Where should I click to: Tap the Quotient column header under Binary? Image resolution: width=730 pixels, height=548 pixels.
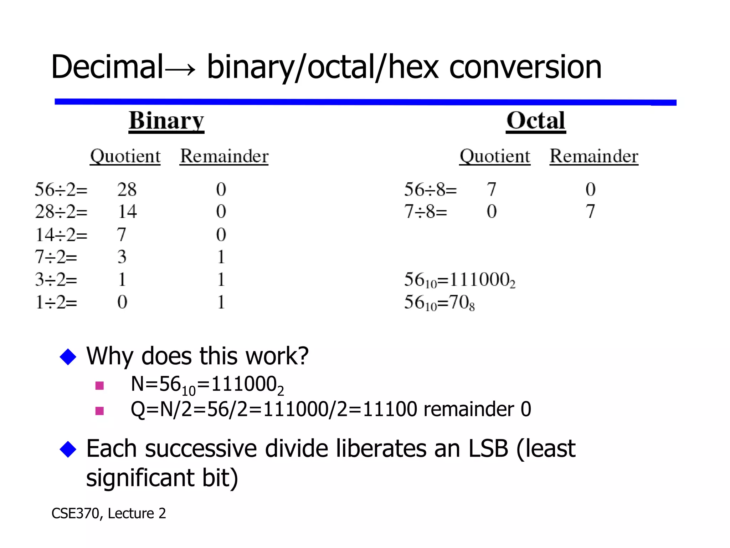pyautogui.click(x=125, y=156)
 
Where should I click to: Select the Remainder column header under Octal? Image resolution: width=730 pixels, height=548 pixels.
pyautogui.click(x=594, y=156)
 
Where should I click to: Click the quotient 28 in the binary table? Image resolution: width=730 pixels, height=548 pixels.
pyautogui.click(x=127, y=189)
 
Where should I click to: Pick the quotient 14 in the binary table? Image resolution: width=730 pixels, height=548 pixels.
pyautogui.click(x=127, y=212)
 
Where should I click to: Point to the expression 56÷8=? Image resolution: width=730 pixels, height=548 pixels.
pyautogui.click(x=430, y=189)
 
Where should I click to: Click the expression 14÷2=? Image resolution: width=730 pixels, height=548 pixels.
pyautogui.click(x=61, y=235)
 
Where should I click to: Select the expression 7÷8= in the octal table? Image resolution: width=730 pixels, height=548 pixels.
pyautogui.click(x=426, y=212)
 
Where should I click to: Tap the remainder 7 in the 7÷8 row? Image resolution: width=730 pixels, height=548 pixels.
pyautogui.click(x=590, y=212)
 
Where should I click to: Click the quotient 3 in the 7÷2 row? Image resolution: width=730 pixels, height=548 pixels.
pyautogui.click(x=122, y=257)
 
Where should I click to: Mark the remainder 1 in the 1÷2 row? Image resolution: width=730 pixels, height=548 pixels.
pyautogui.click(x=221, y=302)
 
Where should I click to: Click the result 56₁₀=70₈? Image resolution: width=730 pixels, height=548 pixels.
pyautogui.click(x=439, y=303)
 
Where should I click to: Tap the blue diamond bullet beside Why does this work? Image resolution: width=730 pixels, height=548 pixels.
pyautogui.click(x=68, y=357)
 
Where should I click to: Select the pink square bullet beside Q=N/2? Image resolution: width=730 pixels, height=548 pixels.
pyautogui.click(x=100, y=411)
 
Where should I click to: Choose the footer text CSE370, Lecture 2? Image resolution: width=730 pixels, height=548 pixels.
pyautogui.click(x=109, y=513)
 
